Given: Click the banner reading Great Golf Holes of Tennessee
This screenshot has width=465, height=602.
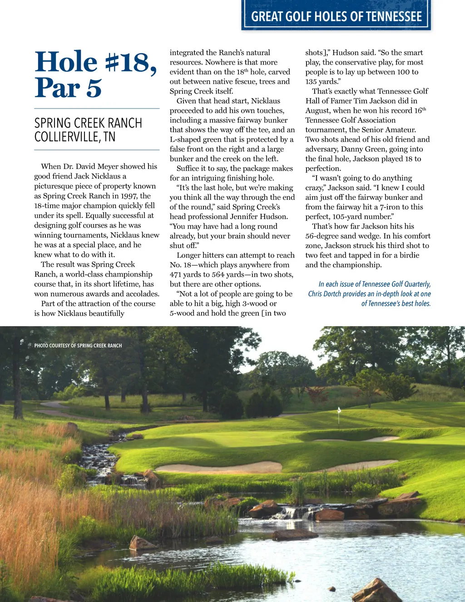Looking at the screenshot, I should coord(336,17).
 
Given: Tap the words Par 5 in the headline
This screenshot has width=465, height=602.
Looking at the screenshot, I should coord(68,88).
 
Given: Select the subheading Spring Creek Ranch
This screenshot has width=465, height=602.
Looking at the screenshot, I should coord(88,123).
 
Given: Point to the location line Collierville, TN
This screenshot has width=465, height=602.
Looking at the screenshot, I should coord(75,137).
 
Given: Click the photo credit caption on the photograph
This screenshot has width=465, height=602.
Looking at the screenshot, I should coord(78,346).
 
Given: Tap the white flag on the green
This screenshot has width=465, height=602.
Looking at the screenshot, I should coord(339,410).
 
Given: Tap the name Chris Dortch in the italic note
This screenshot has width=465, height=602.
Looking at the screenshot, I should coord(324,294).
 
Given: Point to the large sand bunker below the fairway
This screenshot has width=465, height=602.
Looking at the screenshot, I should coord(219,468).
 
